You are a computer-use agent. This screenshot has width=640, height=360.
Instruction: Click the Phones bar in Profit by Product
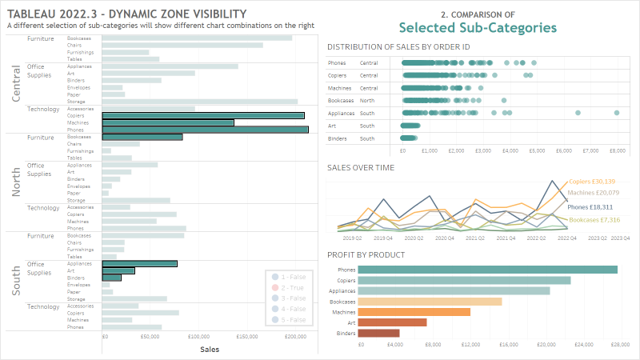click(487, 270)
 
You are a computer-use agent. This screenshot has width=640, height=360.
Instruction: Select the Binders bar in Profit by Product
click(378, 333)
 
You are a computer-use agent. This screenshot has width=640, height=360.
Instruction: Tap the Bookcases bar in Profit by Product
click(430, 302)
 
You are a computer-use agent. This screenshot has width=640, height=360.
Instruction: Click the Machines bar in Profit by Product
click(414, 312)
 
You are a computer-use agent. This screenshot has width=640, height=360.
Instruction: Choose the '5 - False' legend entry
click(289, 320)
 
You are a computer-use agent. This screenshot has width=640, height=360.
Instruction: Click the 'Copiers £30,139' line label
click(591, 182)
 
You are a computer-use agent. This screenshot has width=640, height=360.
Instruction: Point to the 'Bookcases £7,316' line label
click(594, 219)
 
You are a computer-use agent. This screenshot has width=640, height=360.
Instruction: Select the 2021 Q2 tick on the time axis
click(476, 238)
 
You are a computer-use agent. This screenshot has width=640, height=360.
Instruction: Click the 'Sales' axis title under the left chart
click(210, 350)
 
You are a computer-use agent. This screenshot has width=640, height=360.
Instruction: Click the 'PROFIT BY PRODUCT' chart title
click(366, 255)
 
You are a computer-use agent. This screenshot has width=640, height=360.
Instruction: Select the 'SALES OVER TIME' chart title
click(361, 168)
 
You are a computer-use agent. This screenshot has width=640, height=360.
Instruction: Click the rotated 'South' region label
click(17, 282)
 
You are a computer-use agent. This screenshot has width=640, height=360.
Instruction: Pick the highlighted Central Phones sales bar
click(206, 130)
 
